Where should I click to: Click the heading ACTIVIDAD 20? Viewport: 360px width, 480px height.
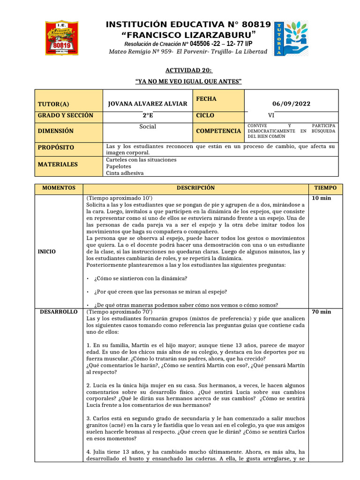point(188,70)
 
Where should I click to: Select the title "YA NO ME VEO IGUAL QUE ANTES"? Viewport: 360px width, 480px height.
point(188,82)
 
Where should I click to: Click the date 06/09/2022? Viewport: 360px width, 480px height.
point(291,104)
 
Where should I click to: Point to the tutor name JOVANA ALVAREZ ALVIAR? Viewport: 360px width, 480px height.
point(147,104)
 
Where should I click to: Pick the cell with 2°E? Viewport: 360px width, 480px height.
point(148,115)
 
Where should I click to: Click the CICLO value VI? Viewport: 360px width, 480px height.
point(271,115)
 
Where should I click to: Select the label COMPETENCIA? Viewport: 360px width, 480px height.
point(218,131)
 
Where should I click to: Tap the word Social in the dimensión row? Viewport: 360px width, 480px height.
point(148,127)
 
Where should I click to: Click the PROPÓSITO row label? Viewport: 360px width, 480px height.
point(56,147)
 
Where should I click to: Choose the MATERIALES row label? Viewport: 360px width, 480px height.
point(58,165)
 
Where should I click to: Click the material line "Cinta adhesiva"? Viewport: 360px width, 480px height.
point(125,173)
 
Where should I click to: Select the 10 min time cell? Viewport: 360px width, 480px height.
point(322,199)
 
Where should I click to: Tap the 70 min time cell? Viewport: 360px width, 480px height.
point(322,312)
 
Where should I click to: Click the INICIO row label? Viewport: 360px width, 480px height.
point(47,252)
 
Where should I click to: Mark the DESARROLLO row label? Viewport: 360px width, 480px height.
point(59,312)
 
